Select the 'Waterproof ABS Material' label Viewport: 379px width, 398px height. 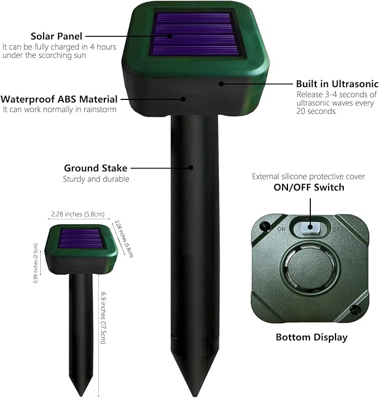59,99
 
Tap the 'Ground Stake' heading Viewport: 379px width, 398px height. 95,168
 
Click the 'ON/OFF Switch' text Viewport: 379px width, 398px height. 309,188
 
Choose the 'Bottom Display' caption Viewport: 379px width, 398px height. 312,337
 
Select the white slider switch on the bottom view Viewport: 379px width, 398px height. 308,227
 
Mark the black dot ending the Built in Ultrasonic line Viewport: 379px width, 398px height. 222,84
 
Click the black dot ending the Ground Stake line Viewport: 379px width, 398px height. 191,167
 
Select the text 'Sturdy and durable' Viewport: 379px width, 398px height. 96,179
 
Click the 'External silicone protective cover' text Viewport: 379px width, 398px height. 309,176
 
